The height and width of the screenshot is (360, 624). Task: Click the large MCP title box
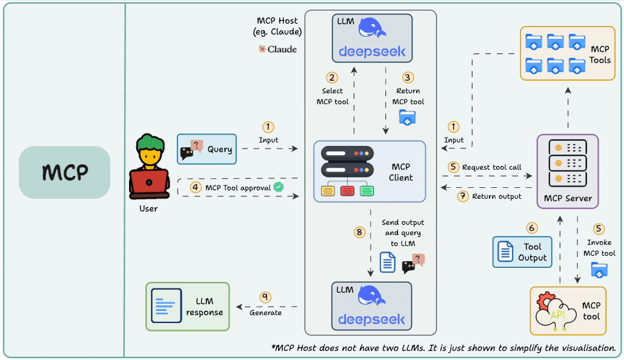click(64, 172)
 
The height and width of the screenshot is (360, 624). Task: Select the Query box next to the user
click(206, 148)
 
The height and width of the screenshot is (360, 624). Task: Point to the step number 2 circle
click(331, 78)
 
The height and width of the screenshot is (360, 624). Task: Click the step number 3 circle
click(408, 78)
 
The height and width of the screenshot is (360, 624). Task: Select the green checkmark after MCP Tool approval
click(278, 187)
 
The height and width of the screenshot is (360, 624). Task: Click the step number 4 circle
click(195, 187)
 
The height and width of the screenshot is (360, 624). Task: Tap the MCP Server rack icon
click(567, 163)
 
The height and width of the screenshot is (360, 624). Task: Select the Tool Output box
click(522, 252)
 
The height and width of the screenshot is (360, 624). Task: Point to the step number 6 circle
click(532, 228)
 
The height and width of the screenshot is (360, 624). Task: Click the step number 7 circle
click(463, 196)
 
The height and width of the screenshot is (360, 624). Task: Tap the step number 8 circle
click(359, 232)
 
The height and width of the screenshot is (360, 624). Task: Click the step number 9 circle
click(265, 297)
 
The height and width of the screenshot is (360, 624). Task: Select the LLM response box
click(187, 306)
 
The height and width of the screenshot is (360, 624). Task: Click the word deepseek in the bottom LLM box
click(371, 319)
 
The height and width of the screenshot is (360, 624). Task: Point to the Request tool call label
click(491, 167)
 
